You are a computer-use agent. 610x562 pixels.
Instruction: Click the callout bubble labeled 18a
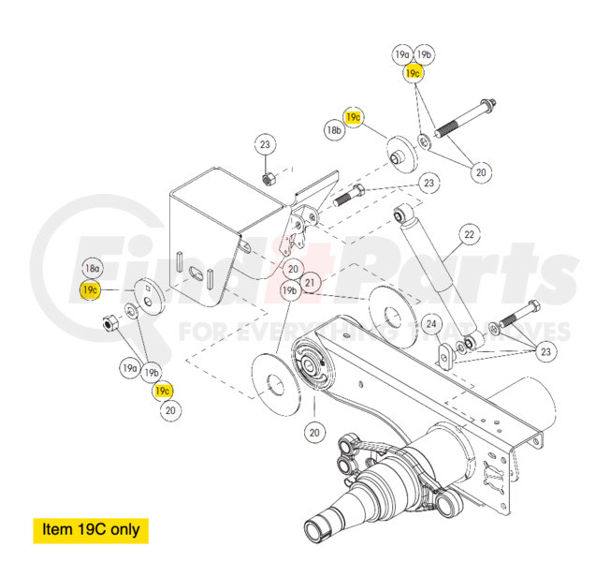[x=92, y=268]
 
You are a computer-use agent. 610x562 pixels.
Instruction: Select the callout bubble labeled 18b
[x=334, y=131]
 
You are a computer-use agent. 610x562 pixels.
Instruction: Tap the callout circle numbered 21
[x=311, y=281]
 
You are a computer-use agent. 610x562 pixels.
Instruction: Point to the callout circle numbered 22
[x=469, y=234]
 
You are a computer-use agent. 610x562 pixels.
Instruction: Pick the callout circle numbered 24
[x=430, y=324]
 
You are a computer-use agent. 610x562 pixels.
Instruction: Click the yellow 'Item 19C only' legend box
[x=90, y=529]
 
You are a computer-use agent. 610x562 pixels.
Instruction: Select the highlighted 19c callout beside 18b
[x=354, y=117]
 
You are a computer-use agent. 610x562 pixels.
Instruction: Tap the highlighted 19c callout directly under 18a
[x=90, y=290]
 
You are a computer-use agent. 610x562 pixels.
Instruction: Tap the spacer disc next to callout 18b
[x=401, y=152]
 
